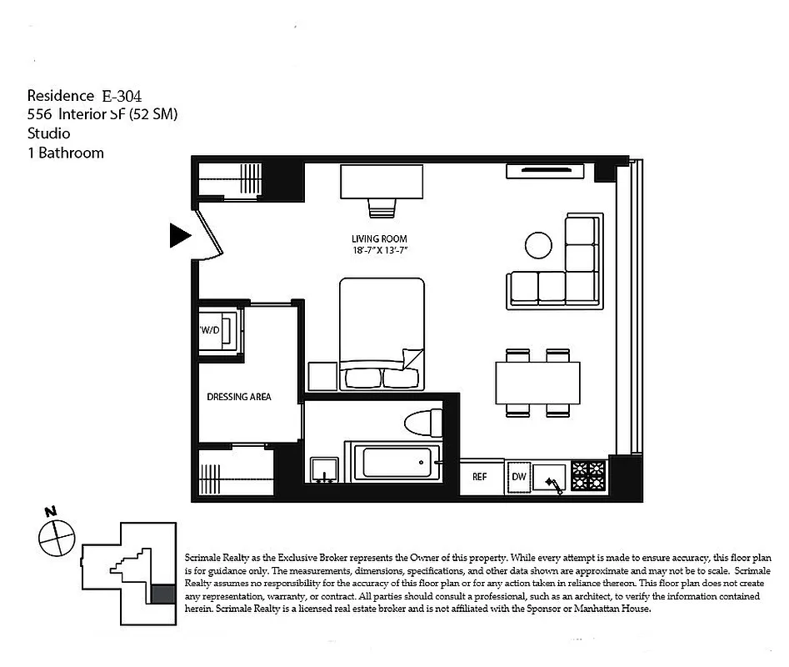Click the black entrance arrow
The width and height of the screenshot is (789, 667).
tap(179, 236)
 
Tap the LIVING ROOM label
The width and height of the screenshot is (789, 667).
tap(379, 238)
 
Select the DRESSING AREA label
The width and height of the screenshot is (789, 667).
tap(239, 397)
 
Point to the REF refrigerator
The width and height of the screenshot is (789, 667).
tap(480, 477)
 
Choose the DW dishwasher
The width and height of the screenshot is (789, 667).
tap(518, 477)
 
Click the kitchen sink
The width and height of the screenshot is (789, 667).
tap(551, 478)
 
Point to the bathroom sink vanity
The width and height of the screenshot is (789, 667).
tap(323, 471)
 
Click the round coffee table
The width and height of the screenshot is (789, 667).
tap(538, 244)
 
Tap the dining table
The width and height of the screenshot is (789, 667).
tap(538, 383)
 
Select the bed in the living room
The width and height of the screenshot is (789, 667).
tap(382, 333)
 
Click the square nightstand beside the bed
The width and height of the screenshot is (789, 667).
tap(322, 376)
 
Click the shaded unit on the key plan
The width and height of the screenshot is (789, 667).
tap(160, 594)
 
